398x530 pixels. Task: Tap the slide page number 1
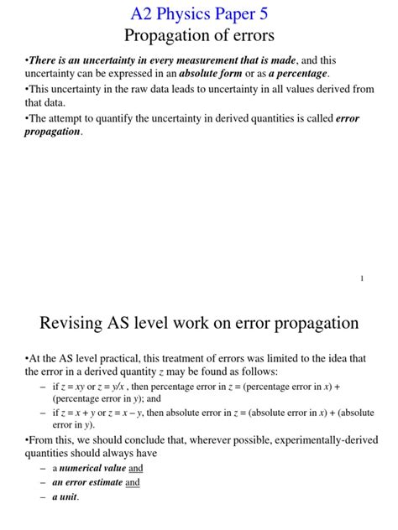pyautogui.click(x=362, y=278)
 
